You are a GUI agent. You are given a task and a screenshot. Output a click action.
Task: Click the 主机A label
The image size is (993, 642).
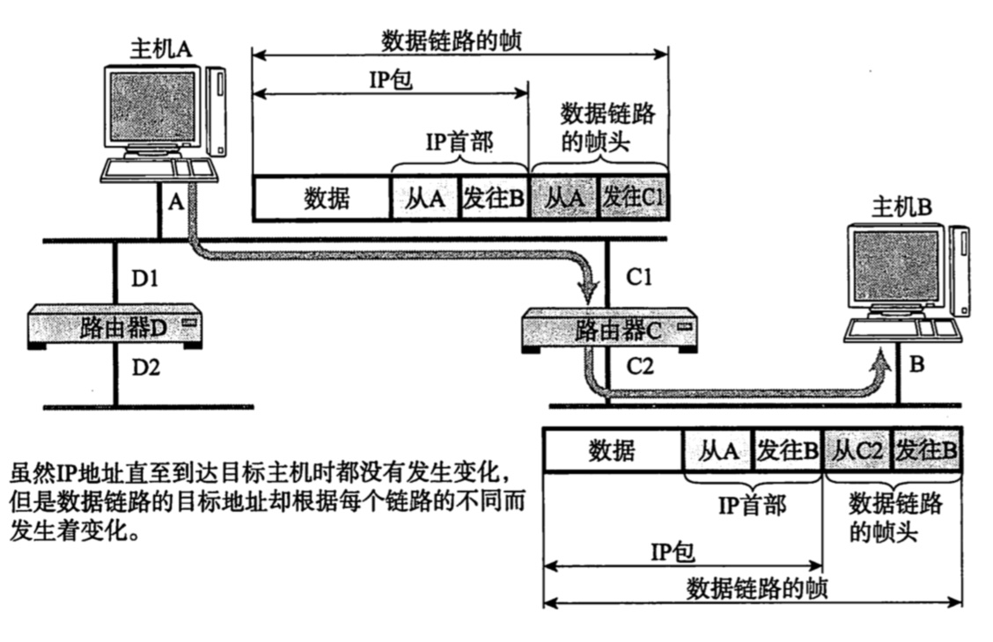click(160, 48)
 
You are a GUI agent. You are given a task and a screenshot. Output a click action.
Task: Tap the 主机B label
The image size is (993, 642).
click(901, 208)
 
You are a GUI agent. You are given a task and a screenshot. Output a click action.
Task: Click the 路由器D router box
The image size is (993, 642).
click(115, 326)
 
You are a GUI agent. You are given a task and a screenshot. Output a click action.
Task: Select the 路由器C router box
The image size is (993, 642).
click(609, 331)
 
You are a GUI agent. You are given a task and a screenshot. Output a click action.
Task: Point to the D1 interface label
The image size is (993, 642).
click(144, 278)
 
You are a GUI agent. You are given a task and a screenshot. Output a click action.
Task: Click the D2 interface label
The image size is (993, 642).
click(145, 367)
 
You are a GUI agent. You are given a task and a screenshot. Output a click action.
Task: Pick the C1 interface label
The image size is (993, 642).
click(638, 276)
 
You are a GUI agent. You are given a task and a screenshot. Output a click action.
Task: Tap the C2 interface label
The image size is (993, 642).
click(640, 366)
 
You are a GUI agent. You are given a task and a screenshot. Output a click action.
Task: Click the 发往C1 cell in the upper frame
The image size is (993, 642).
click(632, 198)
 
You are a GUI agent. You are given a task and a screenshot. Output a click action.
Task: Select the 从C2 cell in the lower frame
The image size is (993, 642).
click(857, 450)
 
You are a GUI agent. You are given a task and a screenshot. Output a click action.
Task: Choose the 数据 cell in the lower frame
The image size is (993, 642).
click(613, 450)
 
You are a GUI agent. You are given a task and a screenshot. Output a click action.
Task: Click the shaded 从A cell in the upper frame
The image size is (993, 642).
click(563, 198)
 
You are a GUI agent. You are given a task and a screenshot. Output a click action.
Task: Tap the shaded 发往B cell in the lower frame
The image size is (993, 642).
click(926, 450)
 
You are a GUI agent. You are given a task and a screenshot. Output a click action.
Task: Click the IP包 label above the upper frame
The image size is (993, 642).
click(391, 80)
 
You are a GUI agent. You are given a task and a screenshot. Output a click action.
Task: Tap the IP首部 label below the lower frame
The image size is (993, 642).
click(753, 506)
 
